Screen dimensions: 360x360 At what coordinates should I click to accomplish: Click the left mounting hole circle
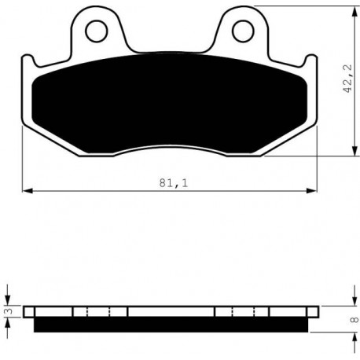pos(86,31)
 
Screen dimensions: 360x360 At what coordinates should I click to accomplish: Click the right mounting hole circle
pos(232,31)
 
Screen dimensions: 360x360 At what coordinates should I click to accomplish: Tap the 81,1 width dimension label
pos(174,183)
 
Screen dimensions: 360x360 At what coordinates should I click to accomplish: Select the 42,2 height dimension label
pos(348,79)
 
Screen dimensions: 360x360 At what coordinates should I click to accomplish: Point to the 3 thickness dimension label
pos(9,311)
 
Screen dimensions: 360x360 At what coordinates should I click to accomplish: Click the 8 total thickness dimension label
pos(354,320)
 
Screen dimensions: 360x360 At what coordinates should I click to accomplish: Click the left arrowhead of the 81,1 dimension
pos(28,191)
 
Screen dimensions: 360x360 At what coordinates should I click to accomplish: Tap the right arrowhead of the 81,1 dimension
pos(311,191)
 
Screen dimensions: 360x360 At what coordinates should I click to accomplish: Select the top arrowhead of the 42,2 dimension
pos(354,12)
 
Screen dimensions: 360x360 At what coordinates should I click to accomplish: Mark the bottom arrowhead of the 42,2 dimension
pos(354,151)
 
